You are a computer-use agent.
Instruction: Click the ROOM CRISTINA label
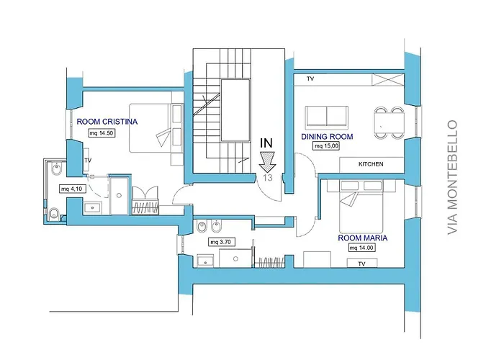[x=107, y=122]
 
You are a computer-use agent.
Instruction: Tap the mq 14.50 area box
[x=102, y=132]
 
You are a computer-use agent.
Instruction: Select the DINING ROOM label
[x=327, y=137]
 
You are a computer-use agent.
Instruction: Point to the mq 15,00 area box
[x=327, y=146]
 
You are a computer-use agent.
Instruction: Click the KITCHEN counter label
[x=371, y=164]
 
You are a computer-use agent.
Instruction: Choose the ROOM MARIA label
[x=363, y=238]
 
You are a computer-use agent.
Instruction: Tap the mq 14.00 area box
[x=361, y=248]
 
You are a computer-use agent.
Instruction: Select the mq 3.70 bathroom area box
[x=222, y=242]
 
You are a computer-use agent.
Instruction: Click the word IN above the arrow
[x=266, y=143]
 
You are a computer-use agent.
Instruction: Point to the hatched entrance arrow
[x=267, y=162]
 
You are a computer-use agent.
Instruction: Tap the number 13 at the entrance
[x=267, y=177]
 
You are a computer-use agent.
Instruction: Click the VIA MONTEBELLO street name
[x=452, y=177]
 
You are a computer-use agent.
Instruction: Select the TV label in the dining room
[x=310, y=78]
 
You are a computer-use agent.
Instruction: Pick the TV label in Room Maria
[x=361, y=264]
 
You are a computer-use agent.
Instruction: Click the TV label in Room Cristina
[x=88, y=160]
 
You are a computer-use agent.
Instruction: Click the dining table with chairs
[x=389, y=122]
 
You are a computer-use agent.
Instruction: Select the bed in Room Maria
[x=361, y=207]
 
